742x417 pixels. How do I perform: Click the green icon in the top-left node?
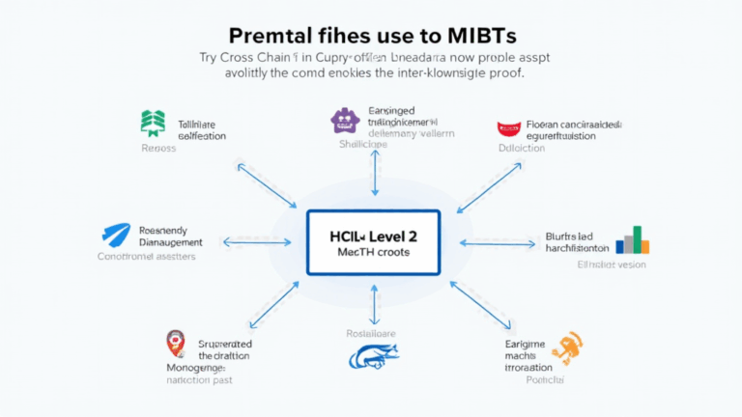pos(153,124)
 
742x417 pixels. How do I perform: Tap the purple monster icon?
pos(345,120)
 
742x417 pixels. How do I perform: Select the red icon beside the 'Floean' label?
pos(508,128)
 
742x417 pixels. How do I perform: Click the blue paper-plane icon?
pos(117,236)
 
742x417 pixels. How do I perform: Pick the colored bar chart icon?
pos(633,239)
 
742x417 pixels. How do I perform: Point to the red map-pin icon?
pos(175,342)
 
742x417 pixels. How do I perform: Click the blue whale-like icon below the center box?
pos(372,357)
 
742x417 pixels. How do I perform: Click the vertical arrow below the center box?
pos(374,303)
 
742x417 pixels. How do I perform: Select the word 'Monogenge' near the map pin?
pos(195,368)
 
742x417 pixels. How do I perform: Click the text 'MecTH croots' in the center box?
pos(373,253)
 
